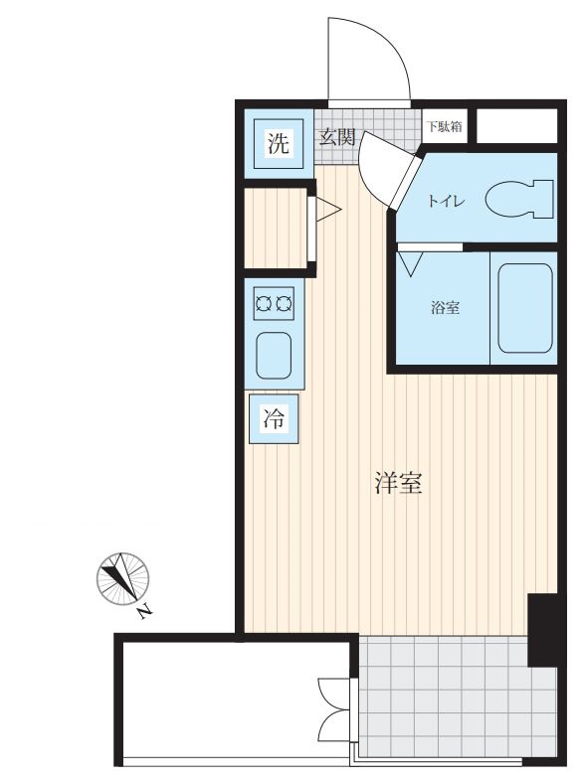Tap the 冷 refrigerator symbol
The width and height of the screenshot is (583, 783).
click(274, 419)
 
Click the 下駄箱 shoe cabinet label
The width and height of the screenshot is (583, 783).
click(444, 126)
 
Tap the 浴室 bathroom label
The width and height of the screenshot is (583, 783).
click(444, 308)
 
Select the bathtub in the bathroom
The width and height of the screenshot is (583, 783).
click(524, 308)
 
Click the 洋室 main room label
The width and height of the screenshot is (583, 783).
click(399, 484)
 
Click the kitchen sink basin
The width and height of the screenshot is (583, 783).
click(274, 355)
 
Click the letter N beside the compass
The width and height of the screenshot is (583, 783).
click(146, 612)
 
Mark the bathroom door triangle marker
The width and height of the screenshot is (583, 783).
click(410, 263)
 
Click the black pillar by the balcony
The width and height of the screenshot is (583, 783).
click(543, 629)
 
